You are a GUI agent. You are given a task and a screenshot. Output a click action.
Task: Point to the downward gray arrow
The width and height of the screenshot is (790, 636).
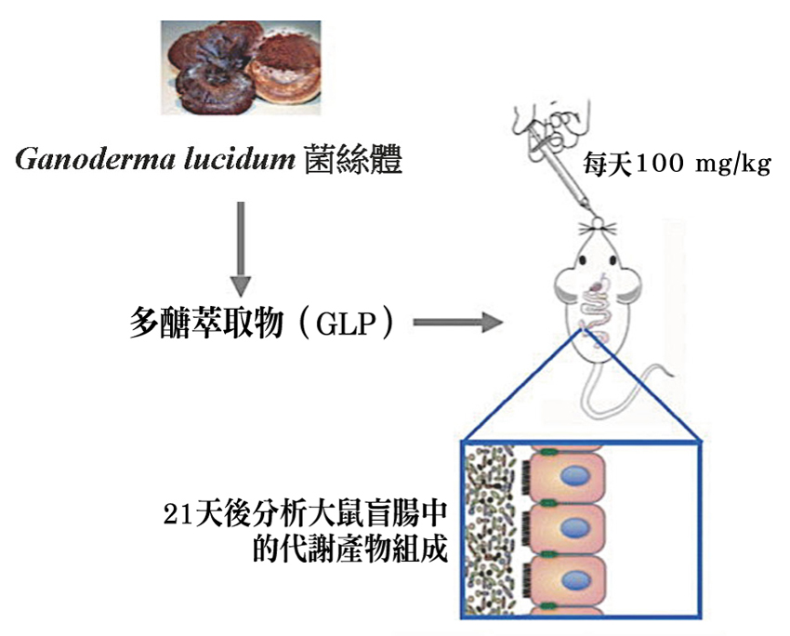coord(241,245)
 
